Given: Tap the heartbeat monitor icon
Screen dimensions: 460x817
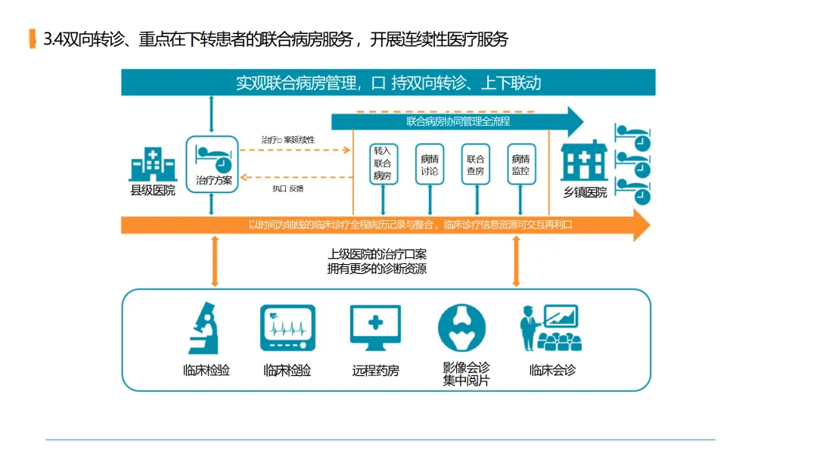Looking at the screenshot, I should click(x=287, y=328).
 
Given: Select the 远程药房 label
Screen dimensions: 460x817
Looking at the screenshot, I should click(x=375, y=371).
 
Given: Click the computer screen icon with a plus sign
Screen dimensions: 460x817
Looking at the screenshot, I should click(x=375, y=328).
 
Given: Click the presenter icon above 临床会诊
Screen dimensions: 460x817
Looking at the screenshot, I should click(x=550, y=328).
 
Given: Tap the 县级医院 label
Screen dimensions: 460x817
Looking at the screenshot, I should click(x=153, y=190).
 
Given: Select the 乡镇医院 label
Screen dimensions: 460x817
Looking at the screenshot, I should click(x=585, y=192).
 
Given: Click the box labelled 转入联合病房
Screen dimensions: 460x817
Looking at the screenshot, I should click(x=383, y=164).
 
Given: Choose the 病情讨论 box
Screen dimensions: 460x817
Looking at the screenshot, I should click(x=430, y=164).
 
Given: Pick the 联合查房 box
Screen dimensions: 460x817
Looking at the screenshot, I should click(x=476, y=164).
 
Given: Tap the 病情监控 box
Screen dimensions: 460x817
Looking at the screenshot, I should click(x=520, y=164).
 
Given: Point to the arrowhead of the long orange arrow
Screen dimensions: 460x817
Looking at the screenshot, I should click(x=641, y=225).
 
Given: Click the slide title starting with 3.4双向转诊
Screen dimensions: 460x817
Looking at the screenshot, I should click(x=276, y=39).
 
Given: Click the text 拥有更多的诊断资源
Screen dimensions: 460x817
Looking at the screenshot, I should click(x=377, y=269).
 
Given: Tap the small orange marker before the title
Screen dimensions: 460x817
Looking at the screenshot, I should click(x=32, y=39).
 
